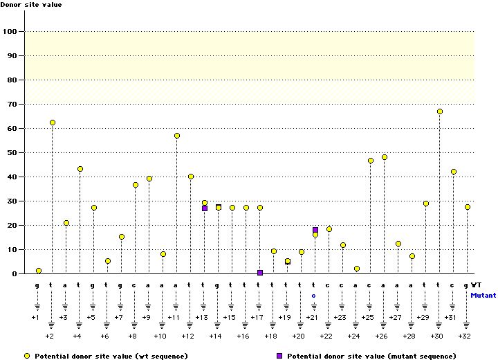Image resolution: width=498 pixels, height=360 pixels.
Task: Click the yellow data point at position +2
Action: (x=53, y=123)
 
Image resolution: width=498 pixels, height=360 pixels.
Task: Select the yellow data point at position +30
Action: (x=440, y=111)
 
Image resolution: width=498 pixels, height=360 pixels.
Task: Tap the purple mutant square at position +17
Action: (x=260, y=273)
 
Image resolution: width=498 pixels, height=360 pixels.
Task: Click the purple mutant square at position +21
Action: (x=315, y=230)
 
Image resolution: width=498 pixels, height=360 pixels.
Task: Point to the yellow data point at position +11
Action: (x=177, y=136)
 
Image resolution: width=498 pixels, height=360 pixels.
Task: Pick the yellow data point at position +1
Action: (x=39, y=271)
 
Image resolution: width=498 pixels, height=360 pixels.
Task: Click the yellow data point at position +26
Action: (x=385, y=157)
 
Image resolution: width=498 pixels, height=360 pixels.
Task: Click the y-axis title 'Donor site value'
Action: (x=31, y=6)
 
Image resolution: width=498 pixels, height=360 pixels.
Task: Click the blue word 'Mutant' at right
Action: (x=483, y=295)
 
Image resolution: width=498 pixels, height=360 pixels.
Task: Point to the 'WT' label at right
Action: (x=477, y=285)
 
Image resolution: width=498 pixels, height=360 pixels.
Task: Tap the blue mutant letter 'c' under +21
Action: (x=313, y=295)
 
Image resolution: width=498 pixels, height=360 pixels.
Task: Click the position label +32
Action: (x=464, y=336)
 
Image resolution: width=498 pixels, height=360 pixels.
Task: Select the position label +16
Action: (x=243, y=336)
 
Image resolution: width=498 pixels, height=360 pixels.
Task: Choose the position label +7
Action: (x=118, y=317)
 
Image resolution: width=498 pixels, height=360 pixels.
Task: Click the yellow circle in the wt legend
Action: (x=26, y=355)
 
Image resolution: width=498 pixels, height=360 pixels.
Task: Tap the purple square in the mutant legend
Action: (x=279, y=355)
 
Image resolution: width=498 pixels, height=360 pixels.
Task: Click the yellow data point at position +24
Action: (x=357, y=269)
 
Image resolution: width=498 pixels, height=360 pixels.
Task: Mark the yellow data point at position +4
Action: (x=80, y=169)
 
